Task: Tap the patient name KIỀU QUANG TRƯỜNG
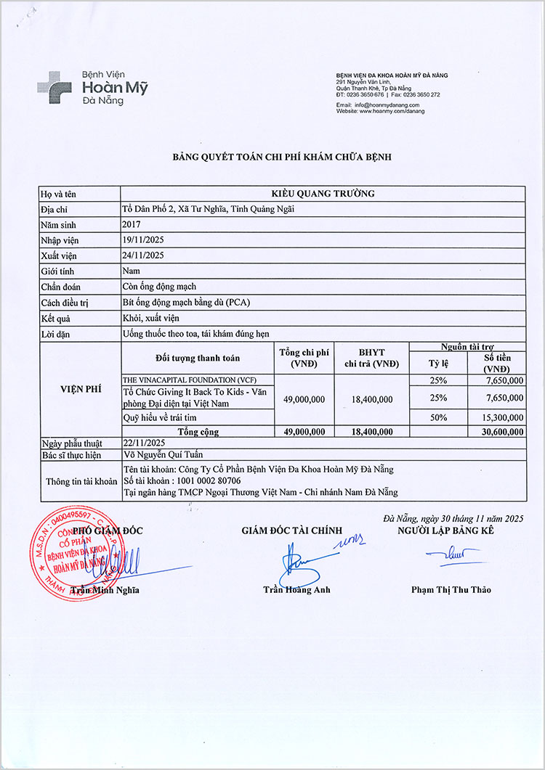323,194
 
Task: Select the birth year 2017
132,224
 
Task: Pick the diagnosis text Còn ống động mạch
159,287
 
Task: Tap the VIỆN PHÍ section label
79,389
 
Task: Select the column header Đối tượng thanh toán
197,359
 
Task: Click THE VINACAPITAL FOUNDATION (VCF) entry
189,380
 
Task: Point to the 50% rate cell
438,417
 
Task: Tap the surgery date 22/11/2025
143,443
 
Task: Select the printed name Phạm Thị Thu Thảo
451,589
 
